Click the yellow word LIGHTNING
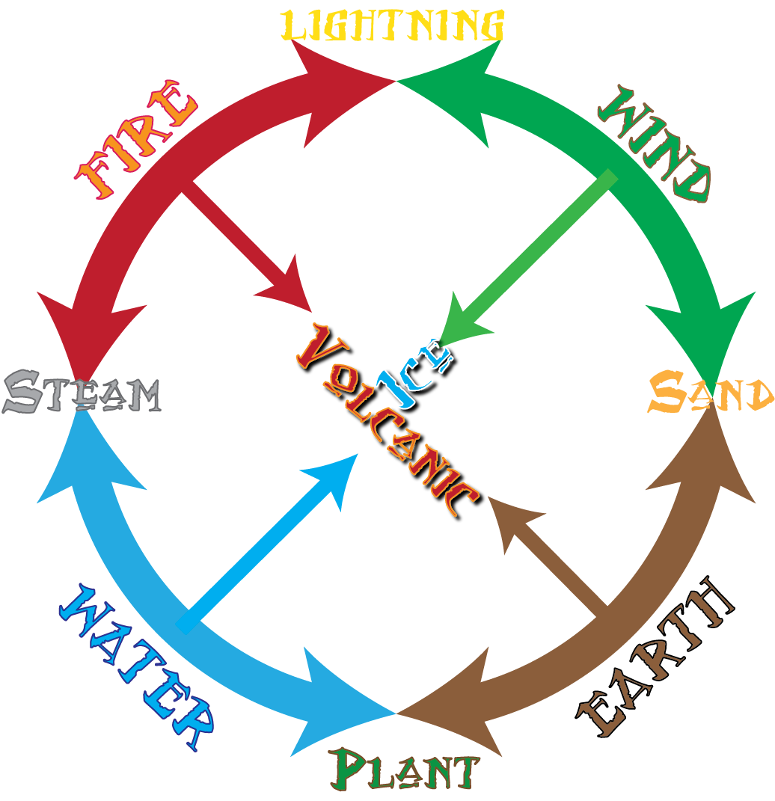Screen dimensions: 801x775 click(393, 26)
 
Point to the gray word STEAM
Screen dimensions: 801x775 click(82, 392)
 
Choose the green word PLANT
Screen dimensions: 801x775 click(405, 769)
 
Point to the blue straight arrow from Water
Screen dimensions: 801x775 click(269, 538)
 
